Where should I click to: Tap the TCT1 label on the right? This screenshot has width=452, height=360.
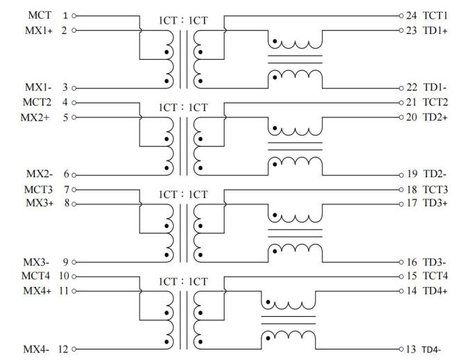click(x=434, y=15)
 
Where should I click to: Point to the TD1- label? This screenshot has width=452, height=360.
click(x=433, y=88)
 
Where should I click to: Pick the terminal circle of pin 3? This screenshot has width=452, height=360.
click(x=74, y=88)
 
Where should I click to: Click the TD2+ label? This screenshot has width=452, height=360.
click(x=434, y=117)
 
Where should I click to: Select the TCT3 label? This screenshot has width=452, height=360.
click(x=434, y=190)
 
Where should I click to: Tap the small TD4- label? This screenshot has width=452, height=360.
click(x=431, y=350)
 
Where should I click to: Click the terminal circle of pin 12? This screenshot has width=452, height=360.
click(x=74, y=350)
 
